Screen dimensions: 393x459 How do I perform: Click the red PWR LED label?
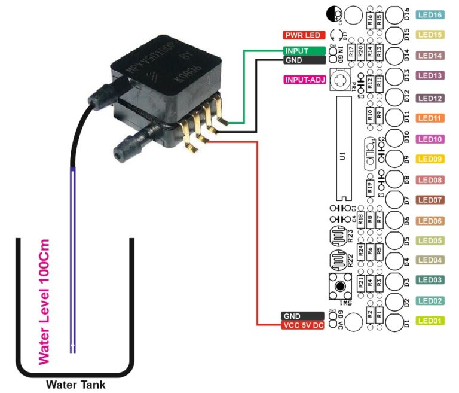tap(304, 35)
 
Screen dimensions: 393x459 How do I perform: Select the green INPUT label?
tap(304, 51)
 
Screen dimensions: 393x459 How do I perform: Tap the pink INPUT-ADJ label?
tap(304, 79)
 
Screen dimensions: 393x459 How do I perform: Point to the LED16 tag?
tap(430, 15)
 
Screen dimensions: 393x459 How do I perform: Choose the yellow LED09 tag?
tap(430, 159)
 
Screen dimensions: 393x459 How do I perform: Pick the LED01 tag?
tap(430, 321)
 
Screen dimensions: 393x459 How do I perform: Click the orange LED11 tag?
tap(430, 118)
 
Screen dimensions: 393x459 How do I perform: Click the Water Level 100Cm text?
tap(44, 302)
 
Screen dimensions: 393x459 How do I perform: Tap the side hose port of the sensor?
tap(127, 147)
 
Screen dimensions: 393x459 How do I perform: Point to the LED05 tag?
tap(430, 240)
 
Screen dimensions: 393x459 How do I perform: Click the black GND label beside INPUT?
tap(304, 60)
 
